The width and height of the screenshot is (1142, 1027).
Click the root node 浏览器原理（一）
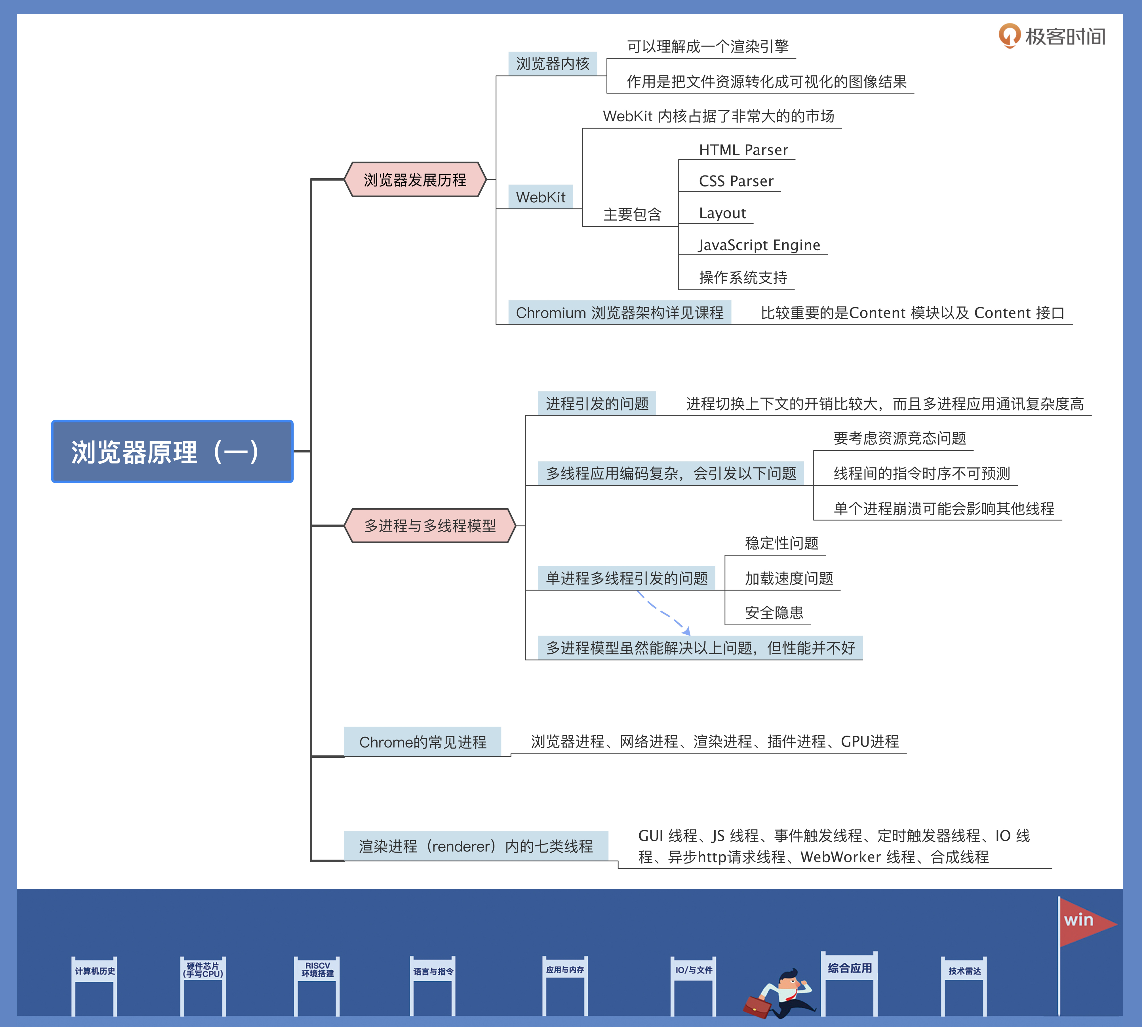point(172,452)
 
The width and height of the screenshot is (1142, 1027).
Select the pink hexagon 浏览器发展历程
point(415,179)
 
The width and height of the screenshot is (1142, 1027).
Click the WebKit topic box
point(540,197)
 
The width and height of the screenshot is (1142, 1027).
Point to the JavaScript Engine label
point(759,245)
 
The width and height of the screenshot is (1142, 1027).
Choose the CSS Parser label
point(736,181)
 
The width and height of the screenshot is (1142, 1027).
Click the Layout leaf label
point(722,213)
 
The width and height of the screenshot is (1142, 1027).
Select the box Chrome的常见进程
point(422,742)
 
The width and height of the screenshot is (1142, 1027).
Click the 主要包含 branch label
point(632,214)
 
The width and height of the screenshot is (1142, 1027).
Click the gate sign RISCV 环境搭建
point(317,969)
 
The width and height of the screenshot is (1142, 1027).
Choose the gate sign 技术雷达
point(964,971)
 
